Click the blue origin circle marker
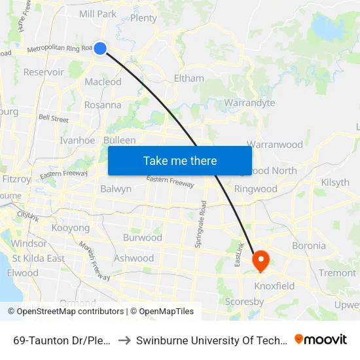pyautogui.click(x=100, y=48)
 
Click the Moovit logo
pyautogui.click(x=321, y=339)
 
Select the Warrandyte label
pyautogui.click(x=249, y=103)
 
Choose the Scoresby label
pyautogui.click(x=244, y=302)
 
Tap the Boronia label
pyautogui.click(x=309, y=246)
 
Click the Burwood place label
pyautogui.click(x=142, y=237)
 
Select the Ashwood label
pyautogui.click(x=134, y=258)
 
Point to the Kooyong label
pyautogui.click(x=70, y=228)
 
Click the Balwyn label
pyautogui.click(x=116, y=189)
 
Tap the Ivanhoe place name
pyautogui.click(x=77, y=140)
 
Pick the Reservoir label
pyautogui.click(x=43, y=72)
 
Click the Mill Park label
pyautogui.click(x=97, y=14)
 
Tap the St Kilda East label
pyautogui.click(x=38, y=258)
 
